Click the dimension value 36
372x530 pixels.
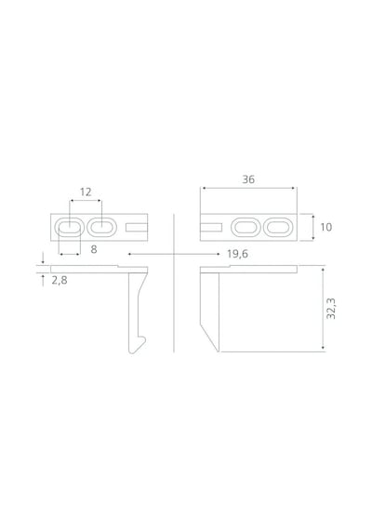(x=248, y=179)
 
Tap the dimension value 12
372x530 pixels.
(x=86, y=192)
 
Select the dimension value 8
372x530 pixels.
(x=94, y=249)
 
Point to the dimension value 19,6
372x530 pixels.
(x=237, y=254)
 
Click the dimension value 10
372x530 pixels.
(x=326, y=227)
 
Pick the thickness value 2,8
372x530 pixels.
(x=60, y=280)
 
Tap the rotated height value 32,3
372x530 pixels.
(x=331, y=309)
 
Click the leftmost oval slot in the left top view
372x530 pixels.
(x=69, y=227)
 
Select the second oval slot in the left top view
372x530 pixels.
(x=101, y=227)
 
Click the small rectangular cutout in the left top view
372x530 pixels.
(x=137, y=227)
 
